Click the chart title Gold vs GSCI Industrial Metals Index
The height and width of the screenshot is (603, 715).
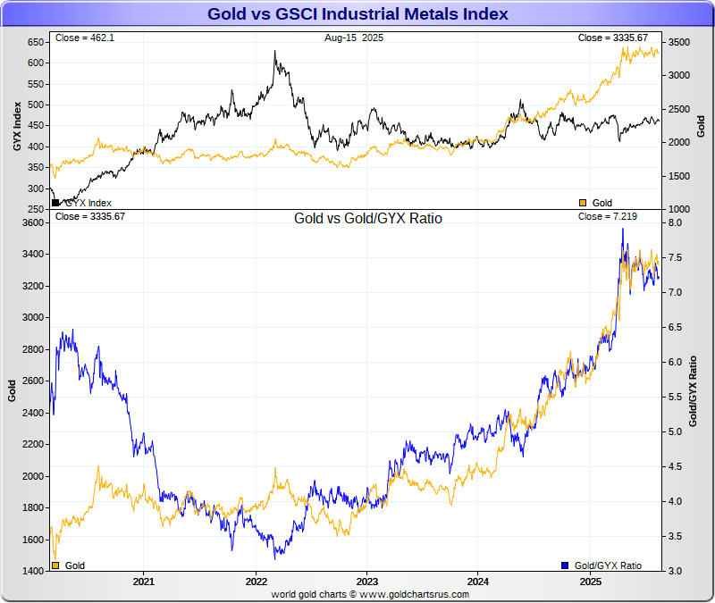coord(357,14)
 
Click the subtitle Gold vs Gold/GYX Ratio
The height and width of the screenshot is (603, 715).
coord(368,218)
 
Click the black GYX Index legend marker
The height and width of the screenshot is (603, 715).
coord(56,203)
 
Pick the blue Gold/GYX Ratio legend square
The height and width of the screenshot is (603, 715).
coord(565,565)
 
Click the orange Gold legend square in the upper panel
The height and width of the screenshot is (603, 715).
coord(584,203)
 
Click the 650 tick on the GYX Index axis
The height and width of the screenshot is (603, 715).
coord(35,42)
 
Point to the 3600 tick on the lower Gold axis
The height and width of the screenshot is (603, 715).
coord(32,222)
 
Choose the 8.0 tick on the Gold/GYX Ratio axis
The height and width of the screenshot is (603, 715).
coord(676,222)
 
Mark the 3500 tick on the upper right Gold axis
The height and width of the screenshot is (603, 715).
coord(679,42)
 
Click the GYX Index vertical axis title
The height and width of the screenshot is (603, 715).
coord(17,125)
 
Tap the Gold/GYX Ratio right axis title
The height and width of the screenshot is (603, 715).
coord(694,390)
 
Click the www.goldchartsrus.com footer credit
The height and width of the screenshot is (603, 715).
coord(357,593)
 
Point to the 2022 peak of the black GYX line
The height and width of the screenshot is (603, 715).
coord(275,51)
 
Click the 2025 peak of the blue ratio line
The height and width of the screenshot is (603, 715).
coord(623,230)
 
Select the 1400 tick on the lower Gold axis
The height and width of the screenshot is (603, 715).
coord(32,571)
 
